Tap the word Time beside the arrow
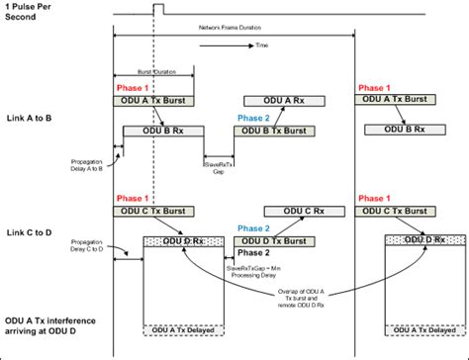tap(261, 45)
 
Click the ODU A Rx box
tap(281, 102)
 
